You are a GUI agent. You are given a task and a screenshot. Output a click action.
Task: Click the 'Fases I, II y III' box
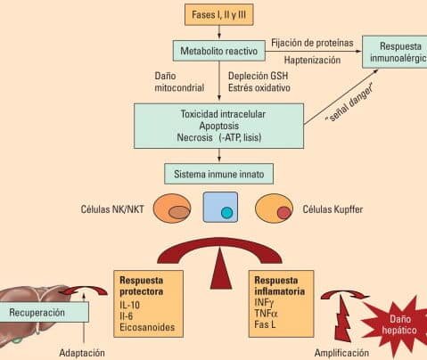218,15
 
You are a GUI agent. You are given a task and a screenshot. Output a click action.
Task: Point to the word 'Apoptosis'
219,127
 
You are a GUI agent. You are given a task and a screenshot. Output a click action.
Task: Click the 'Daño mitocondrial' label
175,84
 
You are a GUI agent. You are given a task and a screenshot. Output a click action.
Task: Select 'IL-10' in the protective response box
131,303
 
